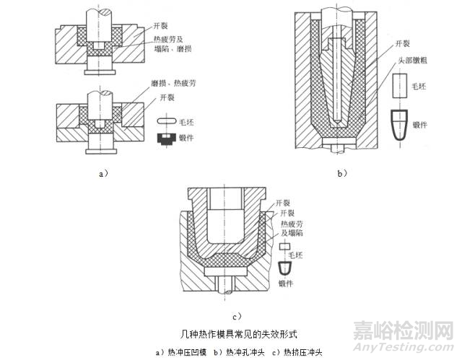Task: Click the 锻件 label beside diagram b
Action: coord(432,123)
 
